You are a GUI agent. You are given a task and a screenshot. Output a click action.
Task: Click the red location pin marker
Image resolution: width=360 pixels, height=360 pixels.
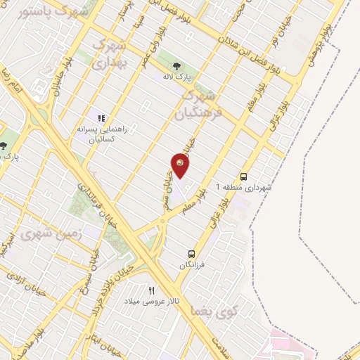tap(180, 166)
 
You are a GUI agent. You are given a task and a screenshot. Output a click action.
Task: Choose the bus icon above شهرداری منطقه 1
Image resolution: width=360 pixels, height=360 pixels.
tap(244, 176)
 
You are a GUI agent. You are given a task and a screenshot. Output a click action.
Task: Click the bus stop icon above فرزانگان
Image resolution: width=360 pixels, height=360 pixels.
tap(191, 253)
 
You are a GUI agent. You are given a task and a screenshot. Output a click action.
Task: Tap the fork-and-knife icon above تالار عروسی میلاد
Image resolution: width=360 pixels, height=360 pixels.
tap(150, 290)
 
